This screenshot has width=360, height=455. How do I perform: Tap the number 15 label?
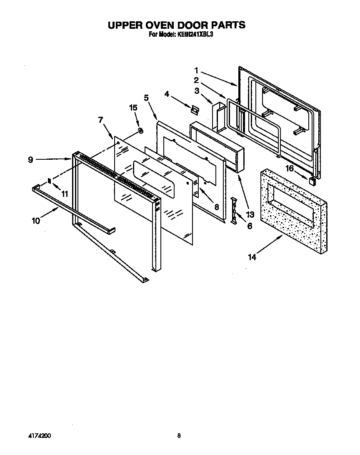133,108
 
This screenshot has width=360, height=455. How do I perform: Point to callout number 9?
31,159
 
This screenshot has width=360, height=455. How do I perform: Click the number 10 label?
36,221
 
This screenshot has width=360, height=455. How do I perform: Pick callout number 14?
252,257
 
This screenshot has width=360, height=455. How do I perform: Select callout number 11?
65,194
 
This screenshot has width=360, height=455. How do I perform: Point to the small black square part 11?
50,181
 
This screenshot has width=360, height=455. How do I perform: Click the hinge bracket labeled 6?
235,211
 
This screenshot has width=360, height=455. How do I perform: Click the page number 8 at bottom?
179,436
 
